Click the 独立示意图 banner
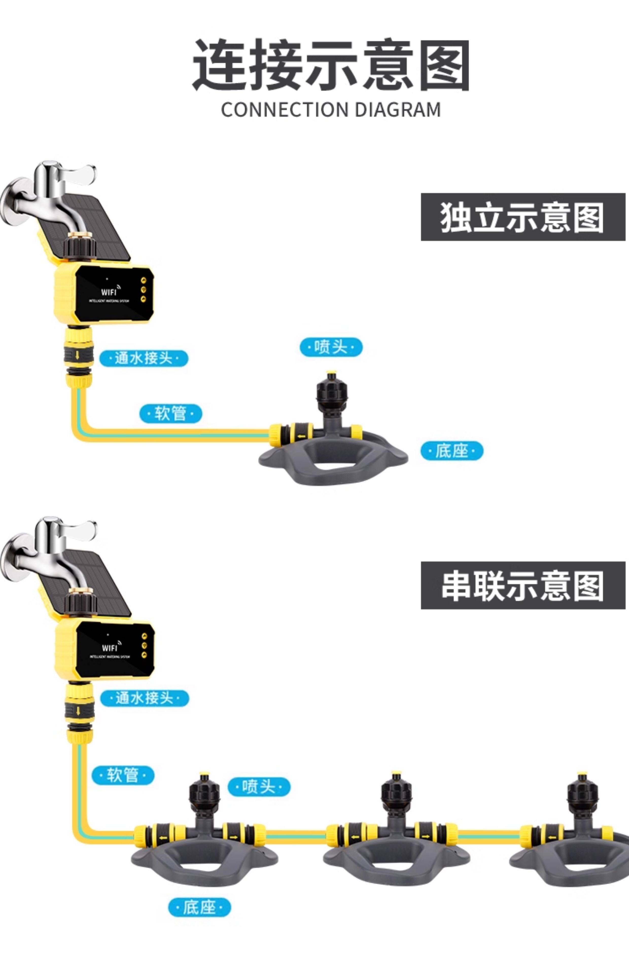click(x=523, y=217)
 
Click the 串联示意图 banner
click(x=523, y=585)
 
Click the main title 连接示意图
click(x=331, y=65)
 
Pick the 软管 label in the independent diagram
click(x=170, y=413)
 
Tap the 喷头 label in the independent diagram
click(x=331, y=347)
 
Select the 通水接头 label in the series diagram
click(x=145, y=698)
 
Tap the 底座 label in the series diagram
click(x=199, y=907)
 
